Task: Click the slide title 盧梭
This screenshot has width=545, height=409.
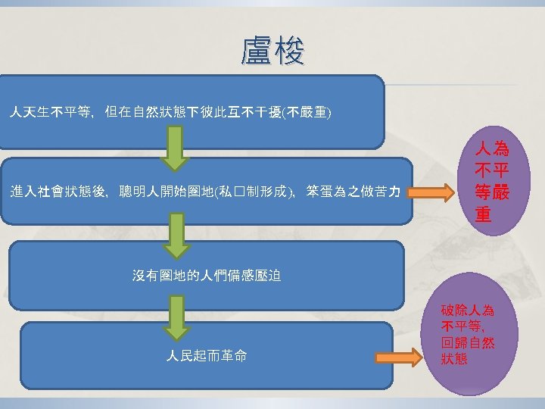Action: coord(272,52)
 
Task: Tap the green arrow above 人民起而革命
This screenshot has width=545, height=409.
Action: coord(176,316)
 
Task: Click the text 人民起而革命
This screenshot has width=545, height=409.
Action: coord(206,356)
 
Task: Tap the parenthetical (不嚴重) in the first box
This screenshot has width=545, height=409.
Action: coord(306,113)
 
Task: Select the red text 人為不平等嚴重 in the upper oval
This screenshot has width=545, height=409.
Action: coord(491,180)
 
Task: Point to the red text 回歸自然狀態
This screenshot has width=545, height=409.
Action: coord(467,351)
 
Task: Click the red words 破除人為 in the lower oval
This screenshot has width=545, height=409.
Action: coord(467,310)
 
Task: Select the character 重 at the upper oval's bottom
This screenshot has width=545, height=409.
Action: coord(484,215)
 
